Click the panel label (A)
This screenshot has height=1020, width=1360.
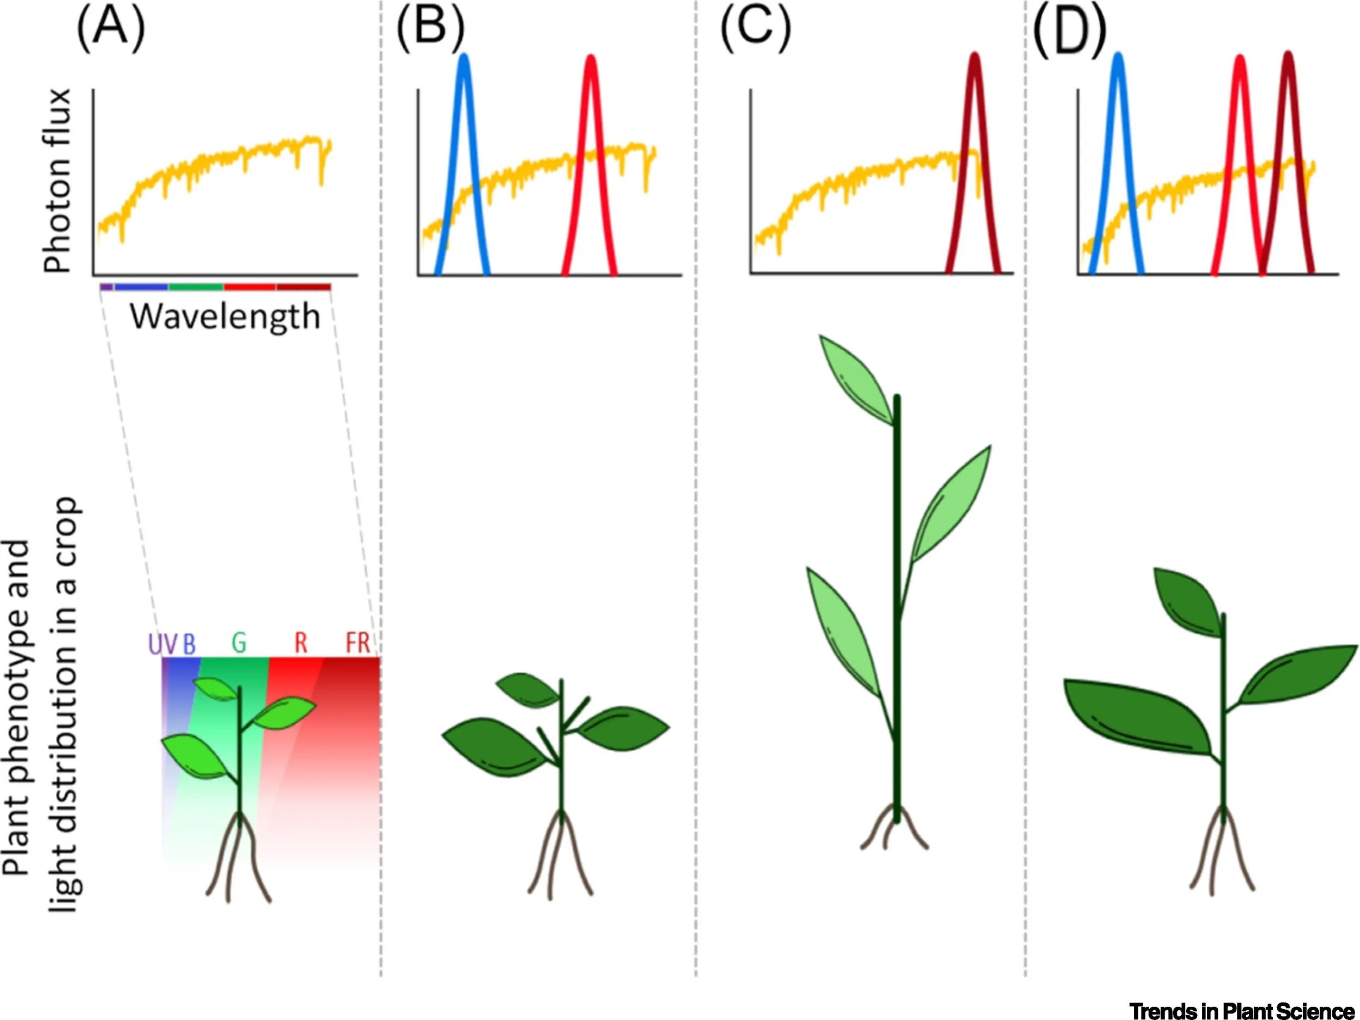pyautogui.click(x=111, y=29)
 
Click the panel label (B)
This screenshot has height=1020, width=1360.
pyautogui.click(x=430, y=29)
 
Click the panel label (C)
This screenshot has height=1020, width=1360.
pyautogui.click(x=756, y=29)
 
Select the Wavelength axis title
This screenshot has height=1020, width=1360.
pyautogui.click(x=225, y=318)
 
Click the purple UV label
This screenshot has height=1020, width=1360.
pyautogui.click(x=163, y=644)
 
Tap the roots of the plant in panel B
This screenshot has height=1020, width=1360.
pyautogui.click(x=560, y=855)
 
